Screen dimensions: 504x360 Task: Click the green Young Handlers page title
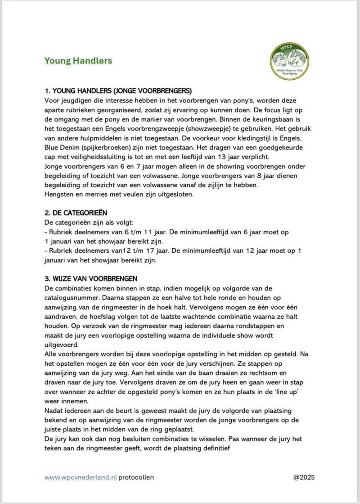pos(78,60)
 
